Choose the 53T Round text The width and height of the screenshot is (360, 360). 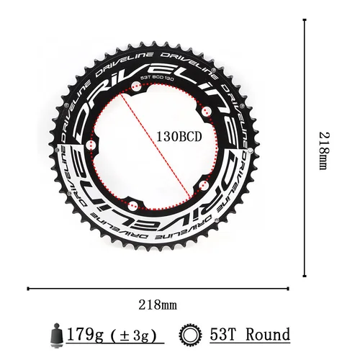(247, 335)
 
